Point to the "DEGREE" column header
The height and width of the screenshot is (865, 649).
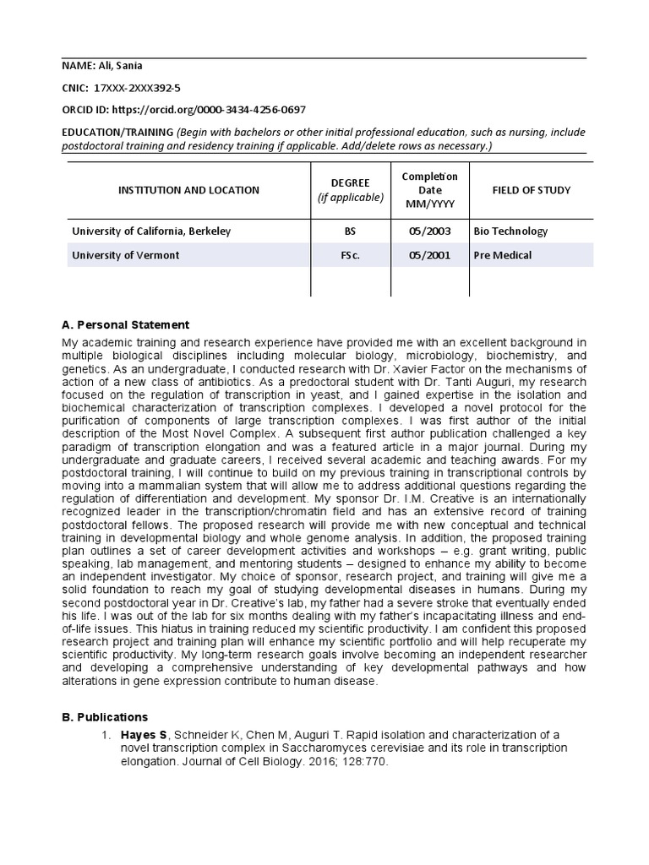point(350,183)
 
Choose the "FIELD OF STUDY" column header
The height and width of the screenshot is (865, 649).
point(531,190)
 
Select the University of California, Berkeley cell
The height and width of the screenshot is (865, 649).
point(151,231)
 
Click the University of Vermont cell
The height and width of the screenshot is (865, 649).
point(125,255)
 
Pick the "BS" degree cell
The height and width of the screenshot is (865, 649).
point(350,231)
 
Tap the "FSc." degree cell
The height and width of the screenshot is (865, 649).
point(350,255)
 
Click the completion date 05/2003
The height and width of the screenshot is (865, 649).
point(429,231)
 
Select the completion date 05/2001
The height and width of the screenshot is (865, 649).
point(429,255)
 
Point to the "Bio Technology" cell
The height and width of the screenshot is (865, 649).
point(510,231)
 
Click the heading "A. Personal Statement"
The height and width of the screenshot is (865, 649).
point(125,324)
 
